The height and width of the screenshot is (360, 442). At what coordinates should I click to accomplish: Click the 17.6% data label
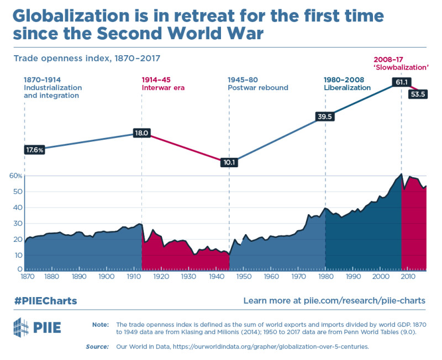click(34, 150)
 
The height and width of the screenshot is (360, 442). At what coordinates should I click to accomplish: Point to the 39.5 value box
click(324, 116)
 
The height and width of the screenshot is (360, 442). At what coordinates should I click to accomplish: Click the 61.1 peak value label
click(401, 82)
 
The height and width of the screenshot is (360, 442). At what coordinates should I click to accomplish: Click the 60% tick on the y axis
click(15, 176)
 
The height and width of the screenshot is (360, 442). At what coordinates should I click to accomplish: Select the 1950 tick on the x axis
click(244, 277)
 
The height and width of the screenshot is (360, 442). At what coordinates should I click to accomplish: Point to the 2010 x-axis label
click(407, 277)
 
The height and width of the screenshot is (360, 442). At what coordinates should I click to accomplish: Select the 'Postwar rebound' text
click(257, 87)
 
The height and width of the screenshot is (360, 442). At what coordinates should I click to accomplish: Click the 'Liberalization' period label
click(347, 87)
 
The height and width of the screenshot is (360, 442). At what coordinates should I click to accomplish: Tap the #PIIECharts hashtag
click(45, 301)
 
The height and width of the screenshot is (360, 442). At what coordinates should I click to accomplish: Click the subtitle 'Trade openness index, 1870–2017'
click(87, 57)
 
